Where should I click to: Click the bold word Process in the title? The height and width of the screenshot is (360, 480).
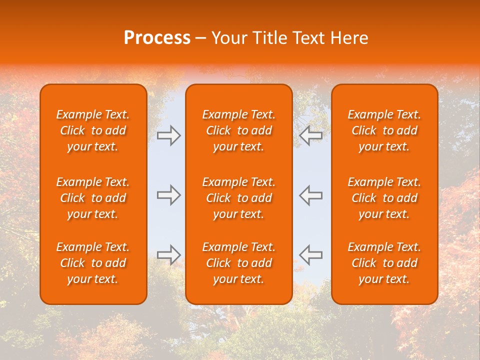[157, 38]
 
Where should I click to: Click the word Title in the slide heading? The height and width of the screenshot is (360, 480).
[269, 38]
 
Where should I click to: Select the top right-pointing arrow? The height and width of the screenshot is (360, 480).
[169, 135]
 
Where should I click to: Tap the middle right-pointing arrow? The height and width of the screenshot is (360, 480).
[169, 195]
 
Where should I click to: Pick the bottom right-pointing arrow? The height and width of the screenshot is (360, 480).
[169, 254]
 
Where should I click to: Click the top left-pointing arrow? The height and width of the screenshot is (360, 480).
[310, 135]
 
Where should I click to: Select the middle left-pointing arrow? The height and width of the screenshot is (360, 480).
[310, 195]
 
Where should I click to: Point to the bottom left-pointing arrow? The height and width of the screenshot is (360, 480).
[310, 254]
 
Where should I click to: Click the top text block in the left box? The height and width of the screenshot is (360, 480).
[93, 130]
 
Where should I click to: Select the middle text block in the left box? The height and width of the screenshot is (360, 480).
[93, 198]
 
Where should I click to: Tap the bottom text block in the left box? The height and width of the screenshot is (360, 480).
[93, 263]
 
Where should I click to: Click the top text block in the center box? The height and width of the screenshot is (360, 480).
[238, 130]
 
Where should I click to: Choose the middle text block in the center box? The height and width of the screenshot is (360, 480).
[238, 198]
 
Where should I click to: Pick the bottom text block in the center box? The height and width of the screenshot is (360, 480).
[238, 263]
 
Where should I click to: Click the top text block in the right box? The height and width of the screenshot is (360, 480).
[384, 130]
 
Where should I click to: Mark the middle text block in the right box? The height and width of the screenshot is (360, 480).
[384, 198]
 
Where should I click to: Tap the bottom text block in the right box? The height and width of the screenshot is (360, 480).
[384, 263]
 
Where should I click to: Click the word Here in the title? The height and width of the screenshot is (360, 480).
[350, 38]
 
